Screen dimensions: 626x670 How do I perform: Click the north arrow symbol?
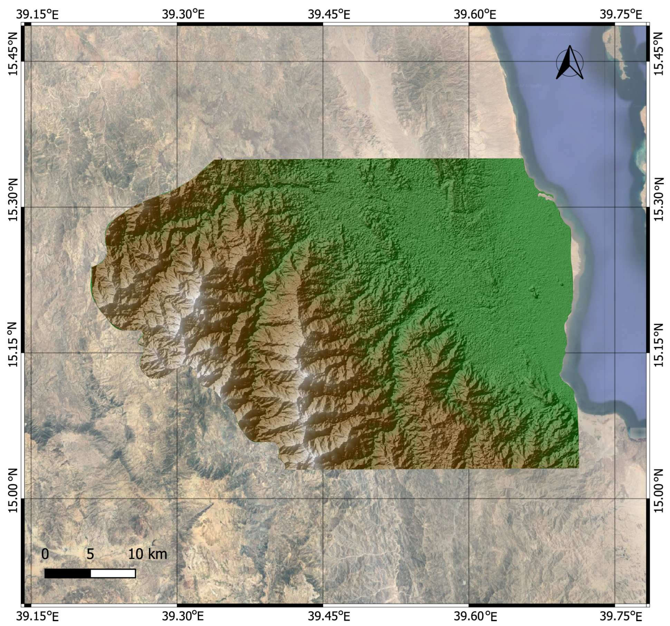coord(569,63)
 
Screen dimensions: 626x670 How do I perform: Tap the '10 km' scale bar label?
coord(147,554)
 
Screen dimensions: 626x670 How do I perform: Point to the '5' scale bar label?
coord(90,554)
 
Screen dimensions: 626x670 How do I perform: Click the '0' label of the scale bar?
coord(45,554)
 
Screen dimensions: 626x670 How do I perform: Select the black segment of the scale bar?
coord(68,574)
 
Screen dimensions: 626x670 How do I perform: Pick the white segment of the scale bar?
coord(113,574)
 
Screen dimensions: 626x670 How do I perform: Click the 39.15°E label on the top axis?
coord(37,14)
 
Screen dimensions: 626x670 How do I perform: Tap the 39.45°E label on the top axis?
coord(329,14)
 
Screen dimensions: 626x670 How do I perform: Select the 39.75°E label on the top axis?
coord(620,14)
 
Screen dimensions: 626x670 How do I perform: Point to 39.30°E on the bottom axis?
coord(183,616)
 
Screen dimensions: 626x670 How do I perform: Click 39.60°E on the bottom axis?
coord(475,616)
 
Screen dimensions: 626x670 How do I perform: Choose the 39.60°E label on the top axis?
coord(475,14)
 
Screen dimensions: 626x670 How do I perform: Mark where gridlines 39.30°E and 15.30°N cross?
coord(177,207)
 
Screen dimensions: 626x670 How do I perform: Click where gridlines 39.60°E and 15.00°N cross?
coord(469,498)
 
